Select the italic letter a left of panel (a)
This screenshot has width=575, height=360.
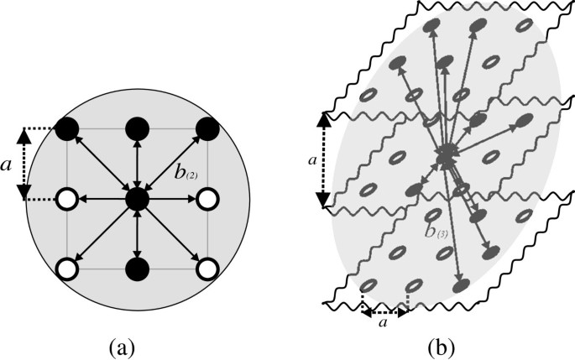pyautogui.click(x=9, y=166)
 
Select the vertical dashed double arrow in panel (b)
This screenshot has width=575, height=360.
pyautogui.click(x=321, y=159)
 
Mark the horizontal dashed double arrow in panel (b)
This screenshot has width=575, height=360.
pyautogui.click(x=384, y=310)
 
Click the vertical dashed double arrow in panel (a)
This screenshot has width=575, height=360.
pyautogui.click(x=25, y=164)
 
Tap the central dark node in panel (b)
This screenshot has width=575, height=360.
pyautogui.click(x=445, y=154)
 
